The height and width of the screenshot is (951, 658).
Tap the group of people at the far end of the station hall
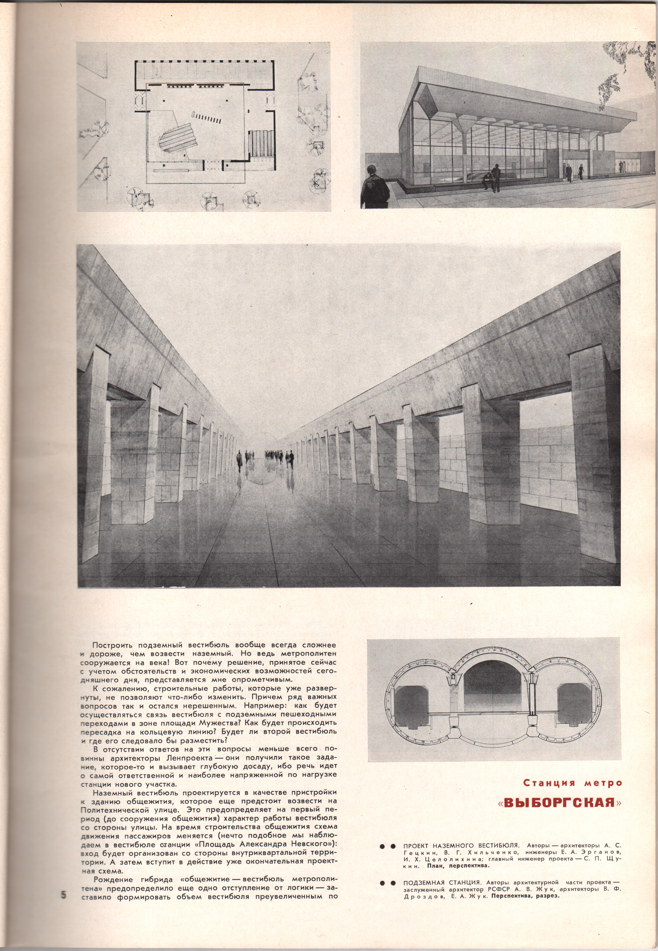[266, 456]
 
